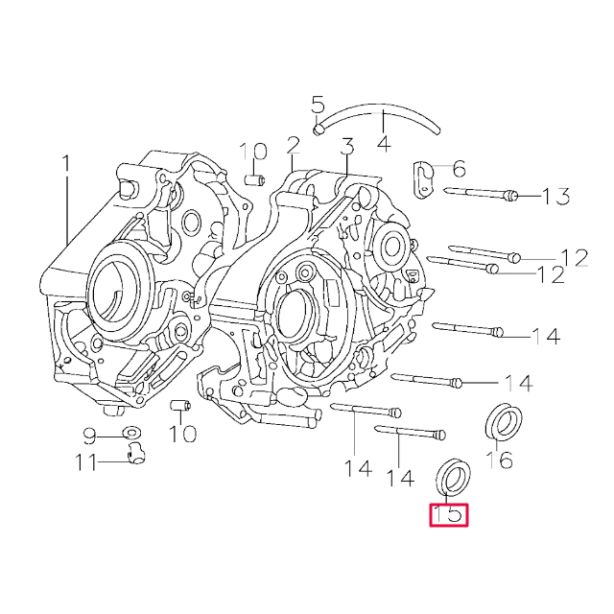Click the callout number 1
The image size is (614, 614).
[66, 164]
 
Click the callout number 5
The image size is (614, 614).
[319, 106]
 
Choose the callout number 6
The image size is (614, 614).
[458, 170]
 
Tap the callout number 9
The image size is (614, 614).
[89, 437]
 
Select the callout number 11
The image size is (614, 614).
[85, 463]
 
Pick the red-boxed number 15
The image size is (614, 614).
[448, 515]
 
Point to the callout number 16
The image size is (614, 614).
[499, 460]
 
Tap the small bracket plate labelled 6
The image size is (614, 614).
[423, 177]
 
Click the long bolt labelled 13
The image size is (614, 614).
[480, 195]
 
